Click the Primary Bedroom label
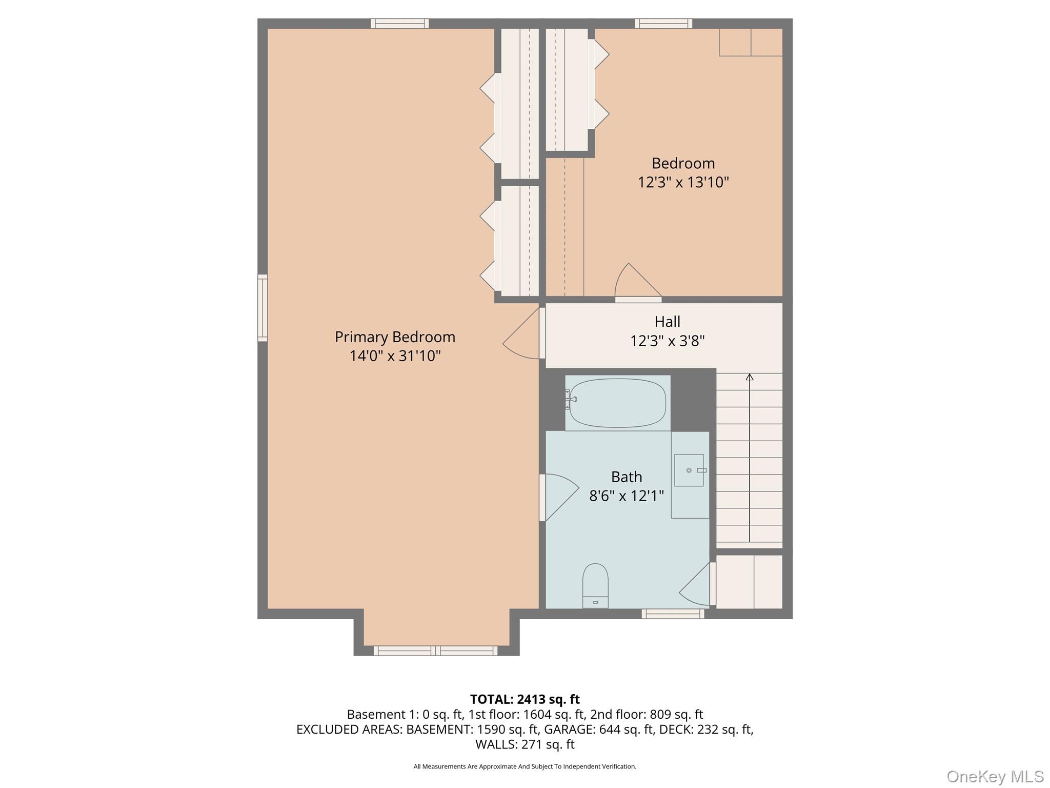[395, 337]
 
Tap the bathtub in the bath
[618, 403]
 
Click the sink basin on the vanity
[689, 470]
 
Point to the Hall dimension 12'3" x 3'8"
[667, 341]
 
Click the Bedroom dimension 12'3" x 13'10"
[683, 182]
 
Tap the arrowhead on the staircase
[750, 378]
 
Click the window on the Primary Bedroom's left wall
[262, 308]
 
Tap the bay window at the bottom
[435, 651]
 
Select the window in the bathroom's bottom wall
[673, 614]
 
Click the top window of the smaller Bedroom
[663, 24]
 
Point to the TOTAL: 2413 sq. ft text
[524, 699]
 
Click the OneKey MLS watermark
[995, 776]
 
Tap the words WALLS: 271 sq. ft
[524, 744]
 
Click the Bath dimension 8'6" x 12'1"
[627, 496]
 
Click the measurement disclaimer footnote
[524, 766]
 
